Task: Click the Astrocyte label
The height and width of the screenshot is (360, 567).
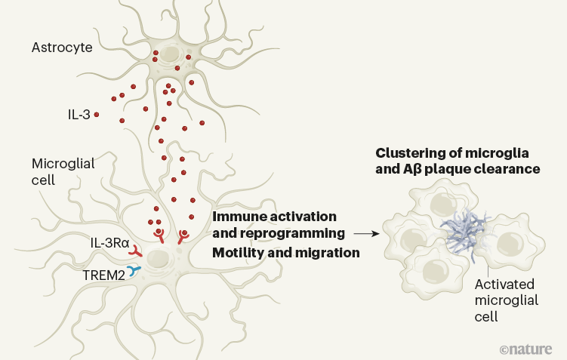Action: tap(62, 48)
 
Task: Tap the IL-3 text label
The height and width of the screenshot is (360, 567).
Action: tap(79, 115)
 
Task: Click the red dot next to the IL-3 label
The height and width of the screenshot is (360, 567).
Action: tap(97, 115)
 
